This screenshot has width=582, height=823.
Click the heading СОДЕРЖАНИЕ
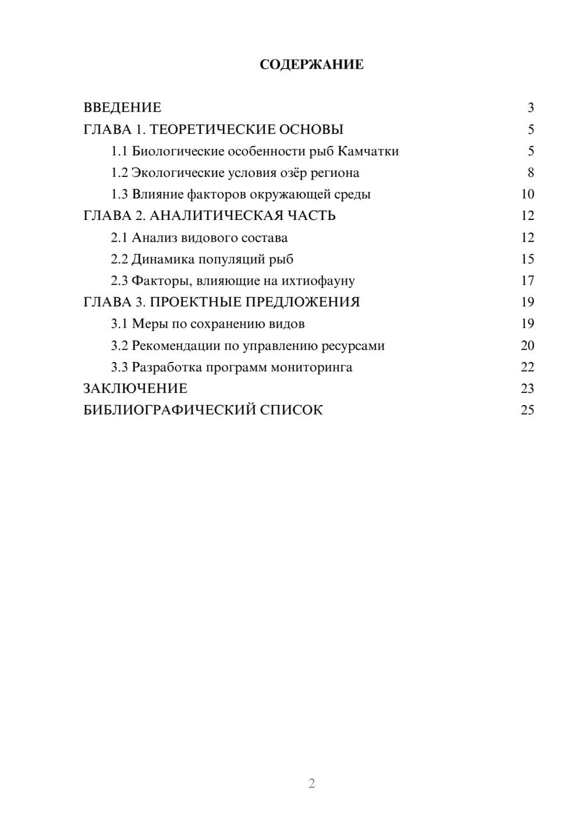coord(311,65)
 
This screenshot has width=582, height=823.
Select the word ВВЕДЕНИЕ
coord(122,108)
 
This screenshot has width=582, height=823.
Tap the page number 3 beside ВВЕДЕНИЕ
coord(530,108)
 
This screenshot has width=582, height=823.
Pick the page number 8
coord(530,173)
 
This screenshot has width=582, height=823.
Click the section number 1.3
coord(119,194)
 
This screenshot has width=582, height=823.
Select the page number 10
coord(527,194)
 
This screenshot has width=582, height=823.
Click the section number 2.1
coord(119,237)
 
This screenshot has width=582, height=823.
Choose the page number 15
coord(527,259)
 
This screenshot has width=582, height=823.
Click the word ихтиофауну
coord(318,281)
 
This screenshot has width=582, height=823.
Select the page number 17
coord(527,281)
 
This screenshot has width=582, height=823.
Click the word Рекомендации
coord(176,346)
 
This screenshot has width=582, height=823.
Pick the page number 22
coord(527,367)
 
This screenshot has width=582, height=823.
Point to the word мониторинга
coord(311,367)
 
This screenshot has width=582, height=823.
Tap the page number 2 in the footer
coord(311,783)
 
